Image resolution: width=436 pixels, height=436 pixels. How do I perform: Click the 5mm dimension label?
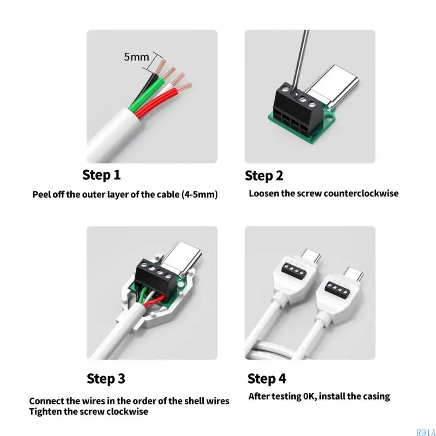click(x=136, y=56)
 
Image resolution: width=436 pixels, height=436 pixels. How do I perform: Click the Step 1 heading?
click(x=101, y=175)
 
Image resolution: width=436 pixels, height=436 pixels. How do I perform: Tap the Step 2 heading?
click(x=264, y=175)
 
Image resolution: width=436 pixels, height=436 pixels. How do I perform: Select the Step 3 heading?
click(x=106, y=378)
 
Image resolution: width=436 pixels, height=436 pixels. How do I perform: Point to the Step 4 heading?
click(x=267, y=378)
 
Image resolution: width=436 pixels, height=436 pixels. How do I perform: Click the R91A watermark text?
click(x=425, y=432)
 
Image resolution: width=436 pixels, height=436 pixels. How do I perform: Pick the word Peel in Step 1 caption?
click(x=42, y=194)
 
